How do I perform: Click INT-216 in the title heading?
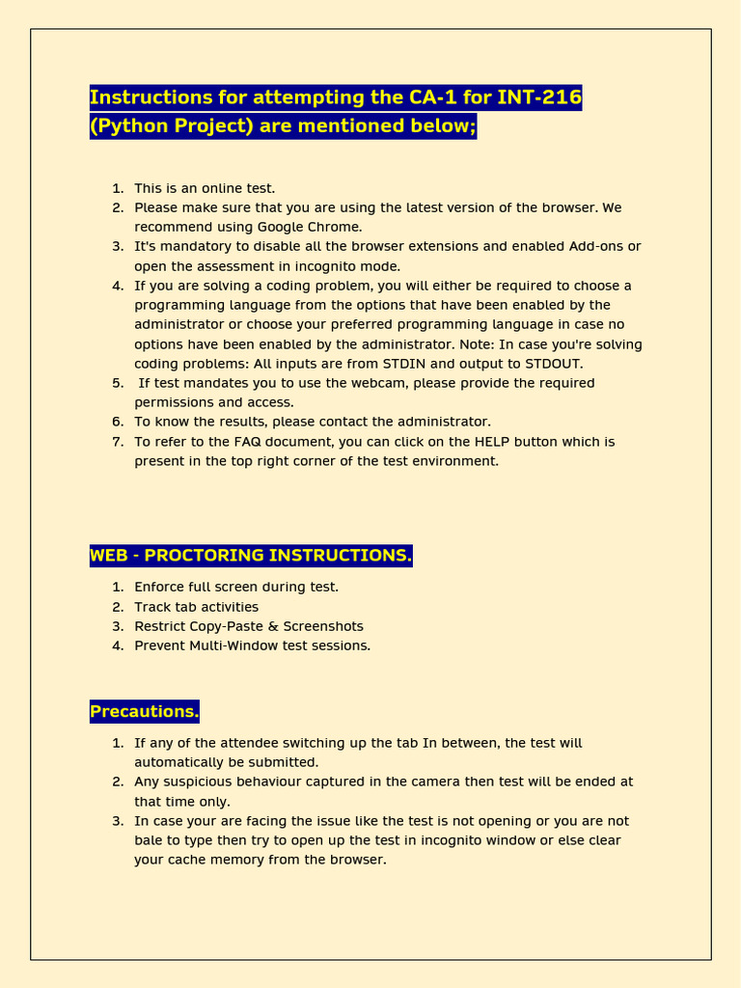point(539,97)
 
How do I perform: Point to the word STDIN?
point(410,364)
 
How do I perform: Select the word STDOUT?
point(549,364)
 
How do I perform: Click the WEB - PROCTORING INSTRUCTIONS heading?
point(251,556)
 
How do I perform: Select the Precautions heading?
point(144,712)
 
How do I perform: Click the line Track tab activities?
point(196,607)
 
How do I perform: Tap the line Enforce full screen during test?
point(236,587)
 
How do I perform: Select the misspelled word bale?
point(149,840)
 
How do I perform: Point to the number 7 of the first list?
point(118,442)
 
